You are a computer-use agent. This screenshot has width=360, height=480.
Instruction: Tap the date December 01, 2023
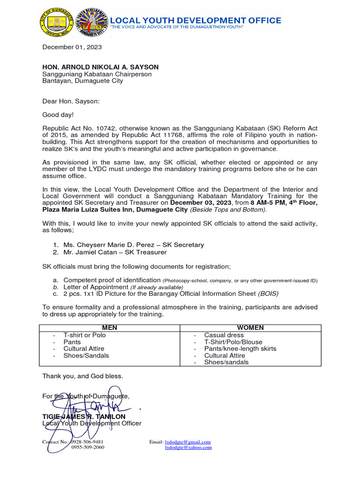[72, 47]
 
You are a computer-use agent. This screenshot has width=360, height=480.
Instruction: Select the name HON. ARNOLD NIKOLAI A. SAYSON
[100, 67]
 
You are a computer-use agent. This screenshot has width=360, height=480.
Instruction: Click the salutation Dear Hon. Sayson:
[71, 101]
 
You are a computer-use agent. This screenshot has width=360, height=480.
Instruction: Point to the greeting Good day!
[58, 114]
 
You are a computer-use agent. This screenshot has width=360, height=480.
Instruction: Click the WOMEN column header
[250, 328]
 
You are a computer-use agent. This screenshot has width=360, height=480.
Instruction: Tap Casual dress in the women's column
[224, 335]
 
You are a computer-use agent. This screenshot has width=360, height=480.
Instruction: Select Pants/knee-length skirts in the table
[240, 349]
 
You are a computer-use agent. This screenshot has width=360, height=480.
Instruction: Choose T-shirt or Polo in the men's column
[85, 335]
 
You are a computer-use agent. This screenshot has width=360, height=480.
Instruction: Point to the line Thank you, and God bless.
[82, 376]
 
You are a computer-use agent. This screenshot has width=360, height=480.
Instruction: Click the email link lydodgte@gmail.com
[187, 442]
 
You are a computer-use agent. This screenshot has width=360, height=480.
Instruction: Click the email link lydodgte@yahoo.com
[188, 447]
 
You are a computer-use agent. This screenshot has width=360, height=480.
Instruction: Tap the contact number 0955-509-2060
[88, 447]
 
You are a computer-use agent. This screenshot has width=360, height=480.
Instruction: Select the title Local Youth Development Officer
[91, 423]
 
